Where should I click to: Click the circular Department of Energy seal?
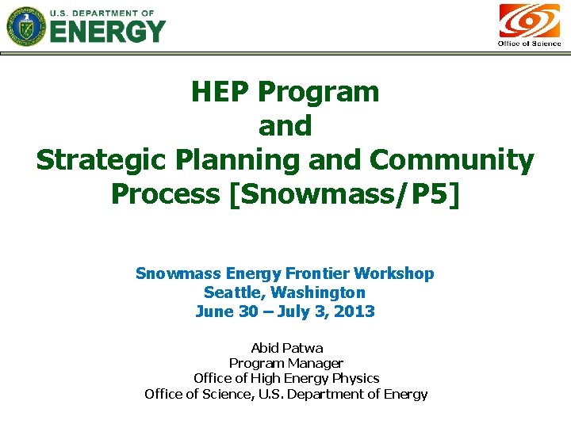[x=27, y=26]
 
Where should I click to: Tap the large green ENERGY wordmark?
[x=109, y=32]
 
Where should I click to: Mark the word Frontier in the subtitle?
[x=320, y=273]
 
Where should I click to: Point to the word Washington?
[x=321, y=292]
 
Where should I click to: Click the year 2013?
[x=354, y=311]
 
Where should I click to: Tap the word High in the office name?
[x=274, y=378]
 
